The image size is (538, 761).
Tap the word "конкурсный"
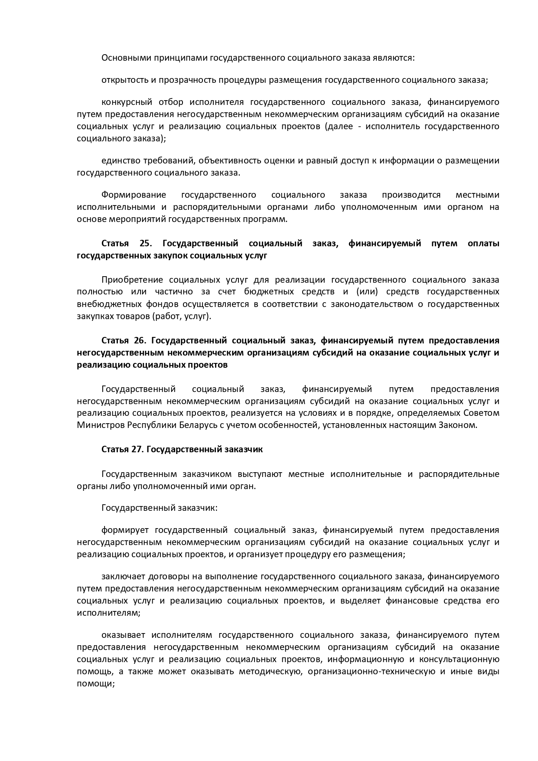127,102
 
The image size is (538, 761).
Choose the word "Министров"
101,425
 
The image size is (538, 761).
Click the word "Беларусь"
195,425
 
